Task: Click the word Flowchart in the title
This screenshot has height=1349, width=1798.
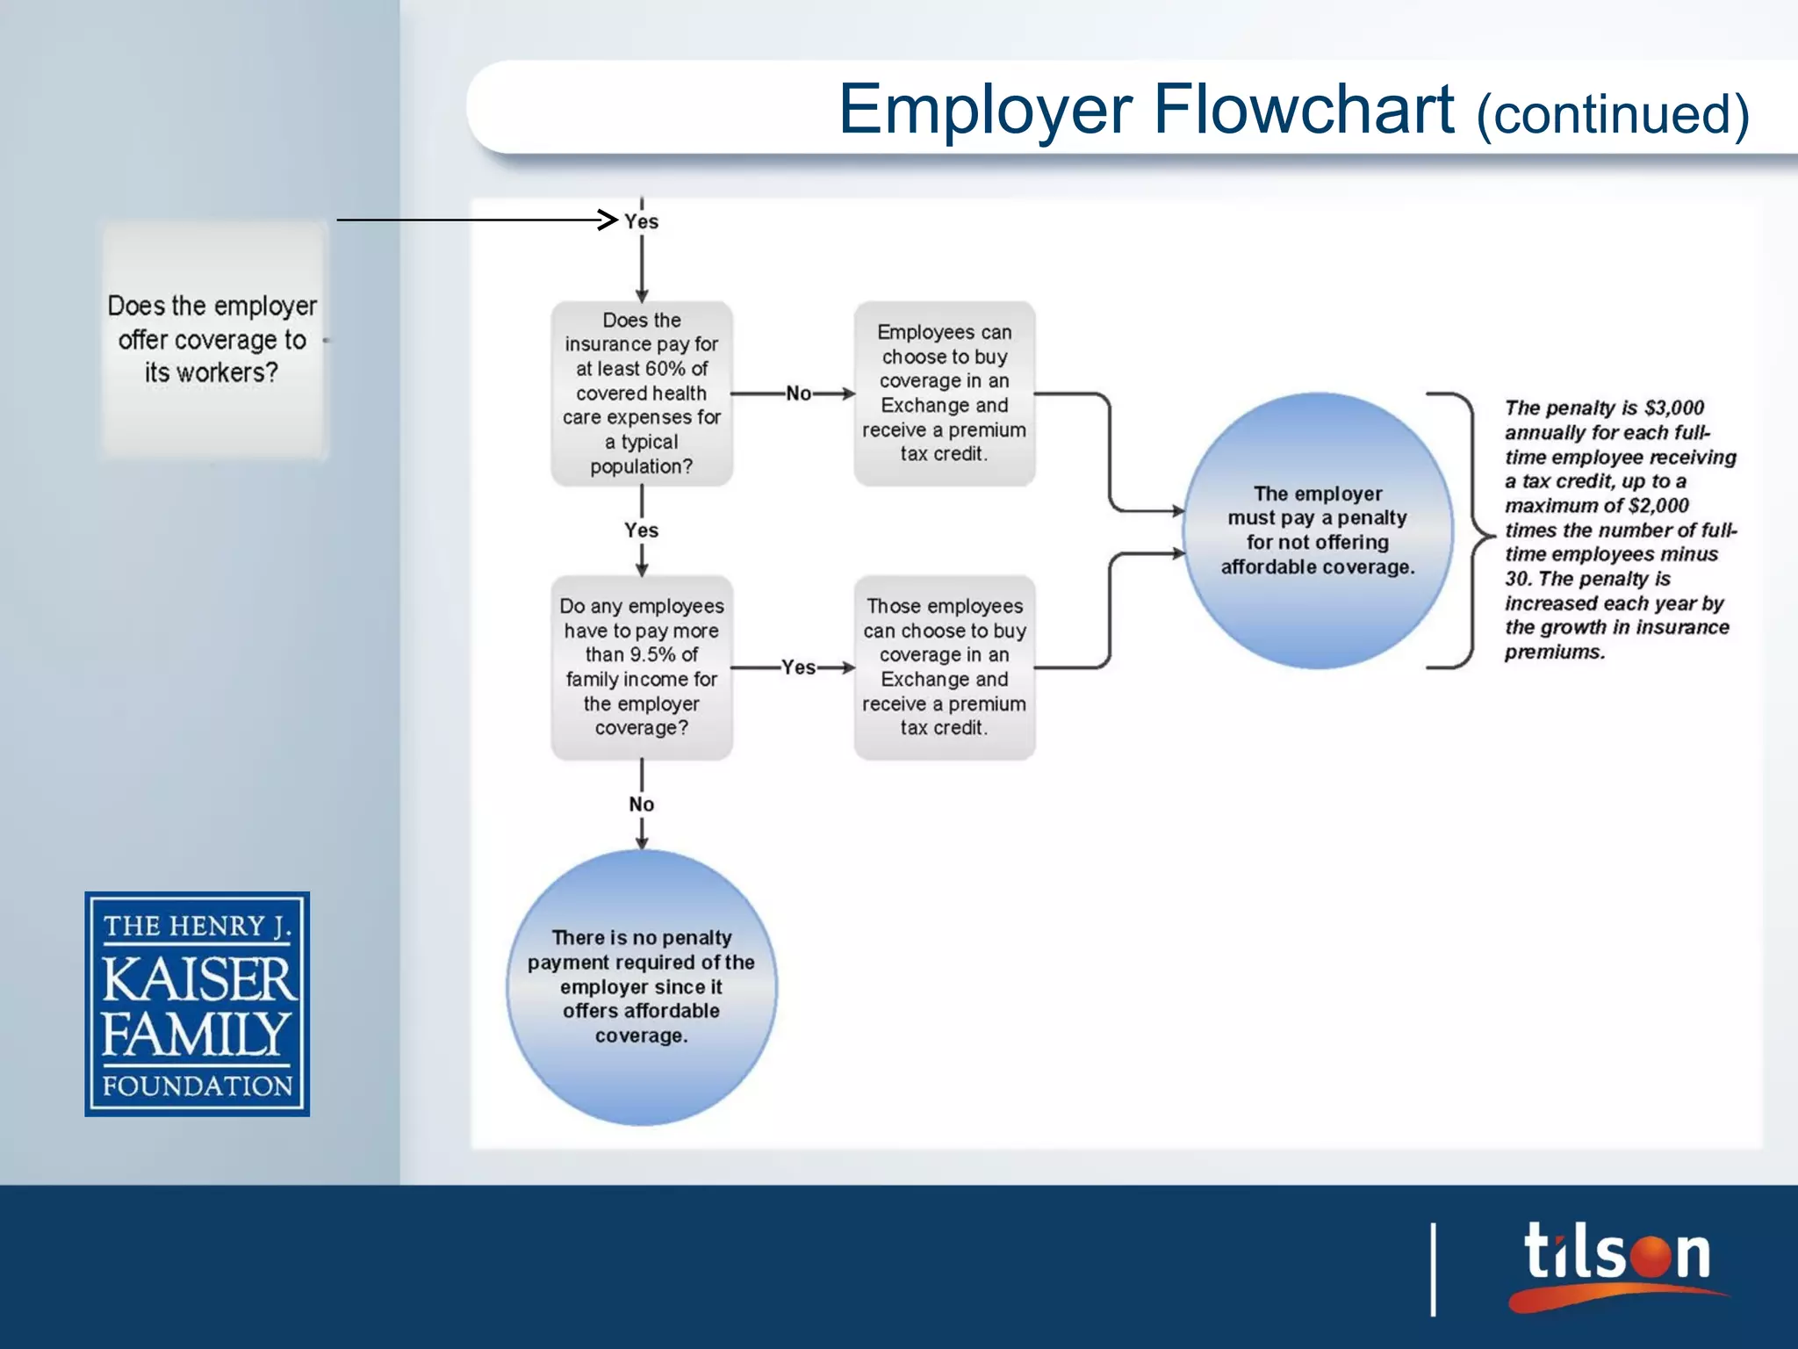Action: (1303, 109)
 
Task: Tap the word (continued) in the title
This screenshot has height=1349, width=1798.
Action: (1613, 115)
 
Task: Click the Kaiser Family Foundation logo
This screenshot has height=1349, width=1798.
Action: (197, 1004)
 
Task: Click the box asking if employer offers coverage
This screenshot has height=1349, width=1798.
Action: (212, 340)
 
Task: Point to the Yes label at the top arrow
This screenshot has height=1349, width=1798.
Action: (641, 221)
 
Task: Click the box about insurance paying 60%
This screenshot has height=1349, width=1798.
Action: (641, 393)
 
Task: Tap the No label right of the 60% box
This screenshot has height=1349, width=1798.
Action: (798, 393)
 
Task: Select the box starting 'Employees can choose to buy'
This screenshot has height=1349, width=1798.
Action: (944, 393)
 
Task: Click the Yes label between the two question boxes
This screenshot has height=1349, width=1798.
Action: (641, 530)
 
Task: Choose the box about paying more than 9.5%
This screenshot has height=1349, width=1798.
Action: (641, 667)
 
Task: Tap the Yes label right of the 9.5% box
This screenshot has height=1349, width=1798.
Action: (798, 667)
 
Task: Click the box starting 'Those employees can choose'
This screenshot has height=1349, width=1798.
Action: (944, 667)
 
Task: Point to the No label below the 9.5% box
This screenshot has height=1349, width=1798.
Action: (641, 804)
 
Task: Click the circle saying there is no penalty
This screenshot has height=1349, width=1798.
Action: (641, 986)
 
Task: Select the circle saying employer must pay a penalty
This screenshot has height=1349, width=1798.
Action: (1317, 530)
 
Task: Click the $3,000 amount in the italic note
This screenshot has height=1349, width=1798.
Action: (1673, 408)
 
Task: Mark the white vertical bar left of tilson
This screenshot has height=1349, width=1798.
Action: (1434, 1269)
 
